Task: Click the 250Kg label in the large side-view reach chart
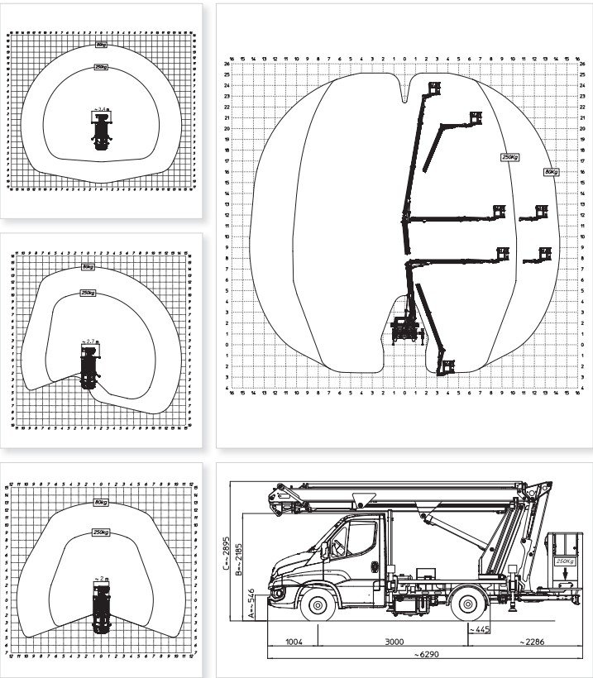(509, 156)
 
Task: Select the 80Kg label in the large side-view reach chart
(551, 171)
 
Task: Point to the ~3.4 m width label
(102, 109)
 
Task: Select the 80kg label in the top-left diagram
(102, 45)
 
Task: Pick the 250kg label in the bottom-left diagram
(103, 532)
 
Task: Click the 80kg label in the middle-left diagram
(88, 266)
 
